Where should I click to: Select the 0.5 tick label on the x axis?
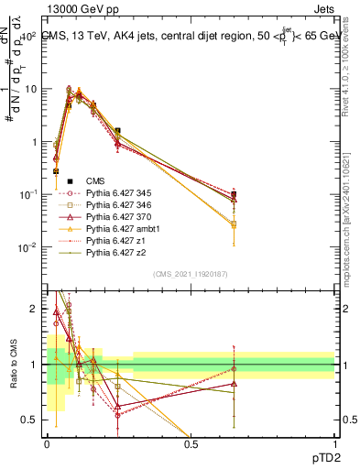191,443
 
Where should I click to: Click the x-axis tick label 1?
333,443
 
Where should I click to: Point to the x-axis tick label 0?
47,443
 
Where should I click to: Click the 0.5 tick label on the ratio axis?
32,420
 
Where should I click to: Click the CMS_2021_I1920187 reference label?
191,273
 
